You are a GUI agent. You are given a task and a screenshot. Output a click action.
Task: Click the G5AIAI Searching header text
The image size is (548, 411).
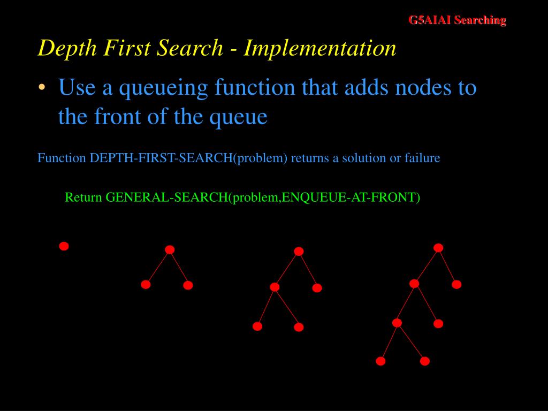coord(457,20)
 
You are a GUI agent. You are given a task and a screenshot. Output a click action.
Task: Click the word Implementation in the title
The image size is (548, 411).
coord(320,48)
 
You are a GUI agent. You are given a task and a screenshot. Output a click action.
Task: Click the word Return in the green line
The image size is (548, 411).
coord(83,197)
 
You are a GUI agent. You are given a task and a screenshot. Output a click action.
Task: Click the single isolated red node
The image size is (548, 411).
coord(64,246)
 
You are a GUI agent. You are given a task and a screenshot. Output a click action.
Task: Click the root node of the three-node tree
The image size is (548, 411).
coord(170,249)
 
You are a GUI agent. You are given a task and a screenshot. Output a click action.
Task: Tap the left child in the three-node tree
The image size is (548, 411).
coord(146,285)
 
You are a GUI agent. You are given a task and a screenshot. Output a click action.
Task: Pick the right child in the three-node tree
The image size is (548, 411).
coord(188,285)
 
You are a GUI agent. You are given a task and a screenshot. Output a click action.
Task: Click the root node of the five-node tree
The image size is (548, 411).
coord(299,251)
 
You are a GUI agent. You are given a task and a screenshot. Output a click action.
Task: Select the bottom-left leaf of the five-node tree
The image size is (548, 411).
coord(257,326)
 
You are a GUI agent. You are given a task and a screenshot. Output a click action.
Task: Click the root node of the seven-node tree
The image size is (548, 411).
coord(438,247)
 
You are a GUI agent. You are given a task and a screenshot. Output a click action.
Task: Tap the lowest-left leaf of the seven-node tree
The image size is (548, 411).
coord(380,361)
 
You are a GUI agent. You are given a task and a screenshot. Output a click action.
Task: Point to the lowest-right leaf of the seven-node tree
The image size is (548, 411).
coord(425,361)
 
